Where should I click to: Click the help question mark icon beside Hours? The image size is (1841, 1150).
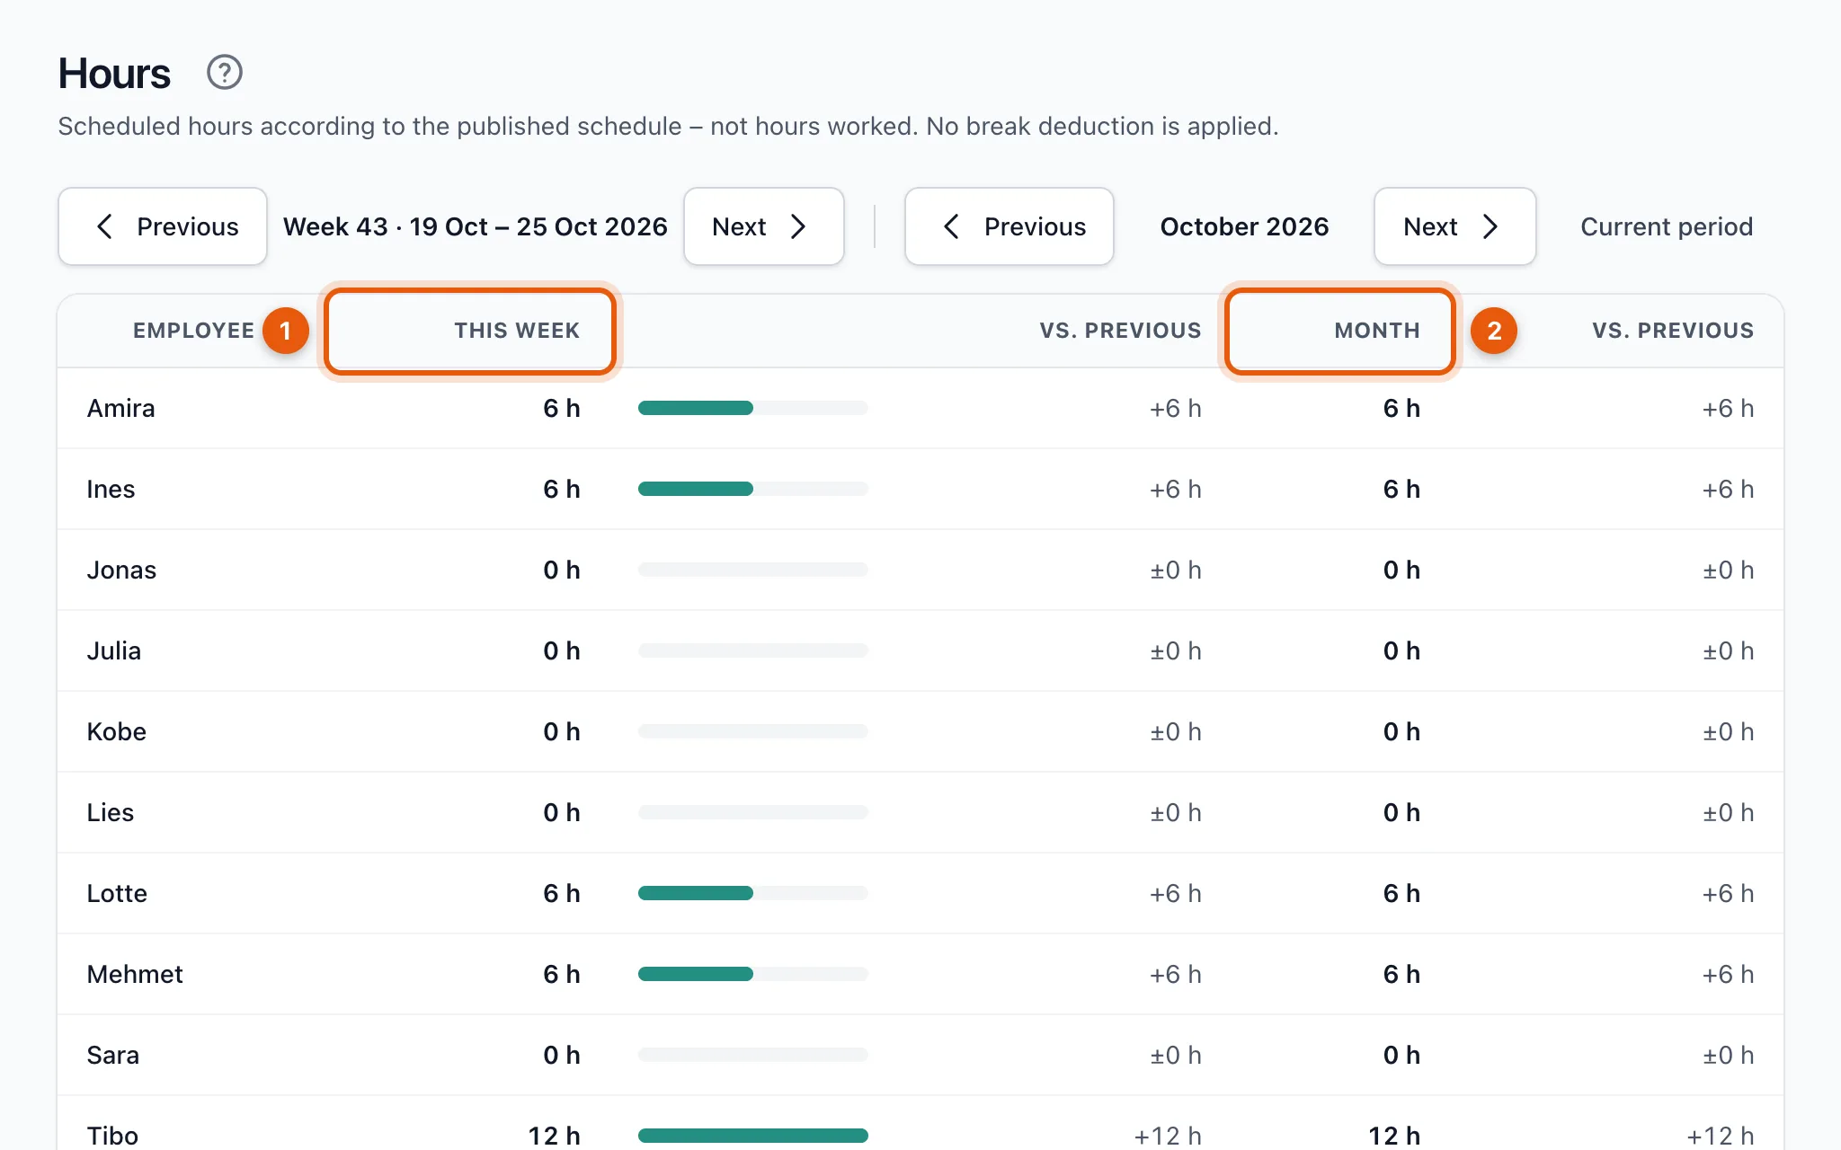225,73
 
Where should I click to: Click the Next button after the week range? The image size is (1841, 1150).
763,226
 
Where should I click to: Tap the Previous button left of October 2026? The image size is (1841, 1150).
1009,226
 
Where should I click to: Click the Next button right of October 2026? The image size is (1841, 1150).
1454,226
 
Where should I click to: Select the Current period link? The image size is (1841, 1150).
1667,226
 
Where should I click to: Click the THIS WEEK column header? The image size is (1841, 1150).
517,331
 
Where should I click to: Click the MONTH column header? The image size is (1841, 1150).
1377,331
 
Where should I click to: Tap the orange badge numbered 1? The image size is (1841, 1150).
286,331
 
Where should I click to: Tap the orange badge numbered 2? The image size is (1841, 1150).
1494,331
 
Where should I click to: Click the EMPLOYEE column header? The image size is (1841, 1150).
193,331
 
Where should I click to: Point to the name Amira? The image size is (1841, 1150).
120,409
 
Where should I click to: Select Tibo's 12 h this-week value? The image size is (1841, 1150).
554,1136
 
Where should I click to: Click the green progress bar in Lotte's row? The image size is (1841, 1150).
696,893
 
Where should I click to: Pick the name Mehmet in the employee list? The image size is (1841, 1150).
135,975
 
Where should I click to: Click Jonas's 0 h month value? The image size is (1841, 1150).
1401,571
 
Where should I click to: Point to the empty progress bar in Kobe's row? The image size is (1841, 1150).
753,731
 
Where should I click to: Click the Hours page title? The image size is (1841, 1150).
114,74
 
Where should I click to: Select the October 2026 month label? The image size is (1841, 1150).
1244,226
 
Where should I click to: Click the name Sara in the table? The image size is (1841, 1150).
112,1056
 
